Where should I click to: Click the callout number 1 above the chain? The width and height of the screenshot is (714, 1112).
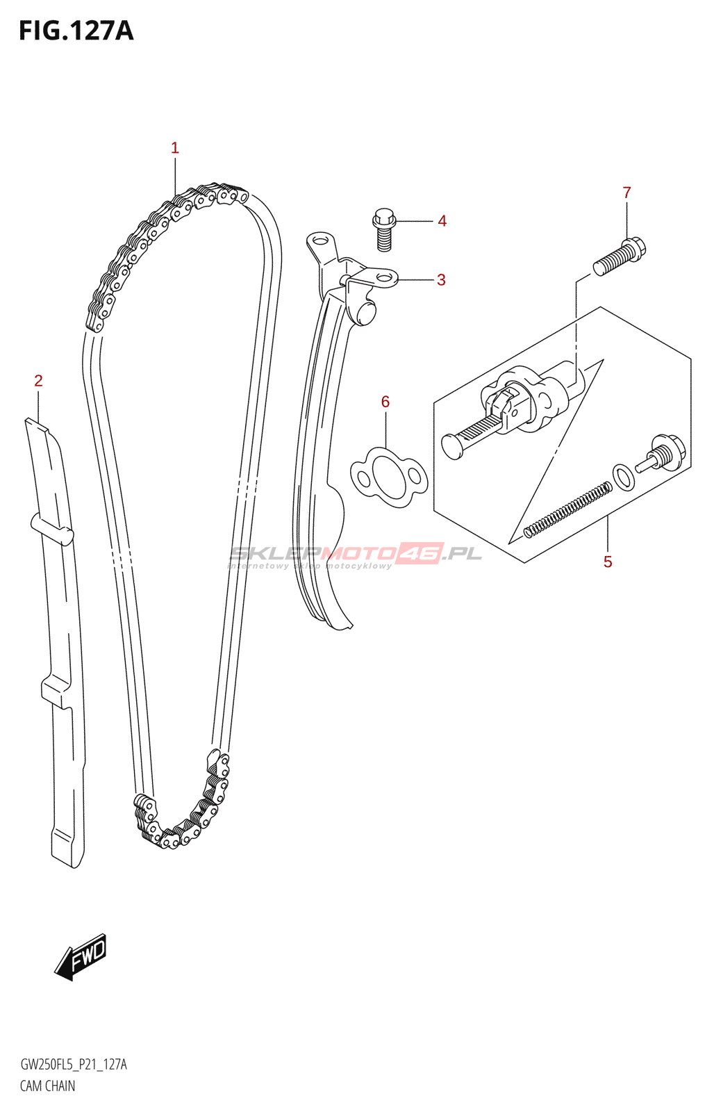point(175,148)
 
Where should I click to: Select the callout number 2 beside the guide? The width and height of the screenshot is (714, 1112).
point(39,381)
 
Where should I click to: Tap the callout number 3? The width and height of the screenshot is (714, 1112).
point(441,280)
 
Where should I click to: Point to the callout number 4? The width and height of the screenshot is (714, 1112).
point(442,221)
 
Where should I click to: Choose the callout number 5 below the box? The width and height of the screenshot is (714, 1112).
point(608,562)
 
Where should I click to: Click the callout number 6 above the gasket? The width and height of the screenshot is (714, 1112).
point(385,402)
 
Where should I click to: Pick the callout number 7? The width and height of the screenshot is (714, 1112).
point(626,193)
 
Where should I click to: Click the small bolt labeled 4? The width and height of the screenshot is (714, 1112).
point(384,229)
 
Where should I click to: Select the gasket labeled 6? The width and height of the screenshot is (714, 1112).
point(388,476)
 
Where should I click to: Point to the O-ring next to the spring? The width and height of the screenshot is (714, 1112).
point(623,476)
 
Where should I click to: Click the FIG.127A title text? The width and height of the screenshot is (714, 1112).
point(76,31)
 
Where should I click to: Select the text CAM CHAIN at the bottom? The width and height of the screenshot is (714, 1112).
point(47,1086)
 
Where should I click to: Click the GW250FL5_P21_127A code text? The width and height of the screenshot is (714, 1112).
point(74,1065)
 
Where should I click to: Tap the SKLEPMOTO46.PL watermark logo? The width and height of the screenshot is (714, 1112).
point(355,555)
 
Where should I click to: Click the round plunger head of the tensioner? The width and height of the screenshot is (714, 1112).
point(452,445)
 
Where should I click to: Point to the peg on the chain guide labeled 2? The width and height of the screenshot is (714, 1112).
point(53,529)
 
